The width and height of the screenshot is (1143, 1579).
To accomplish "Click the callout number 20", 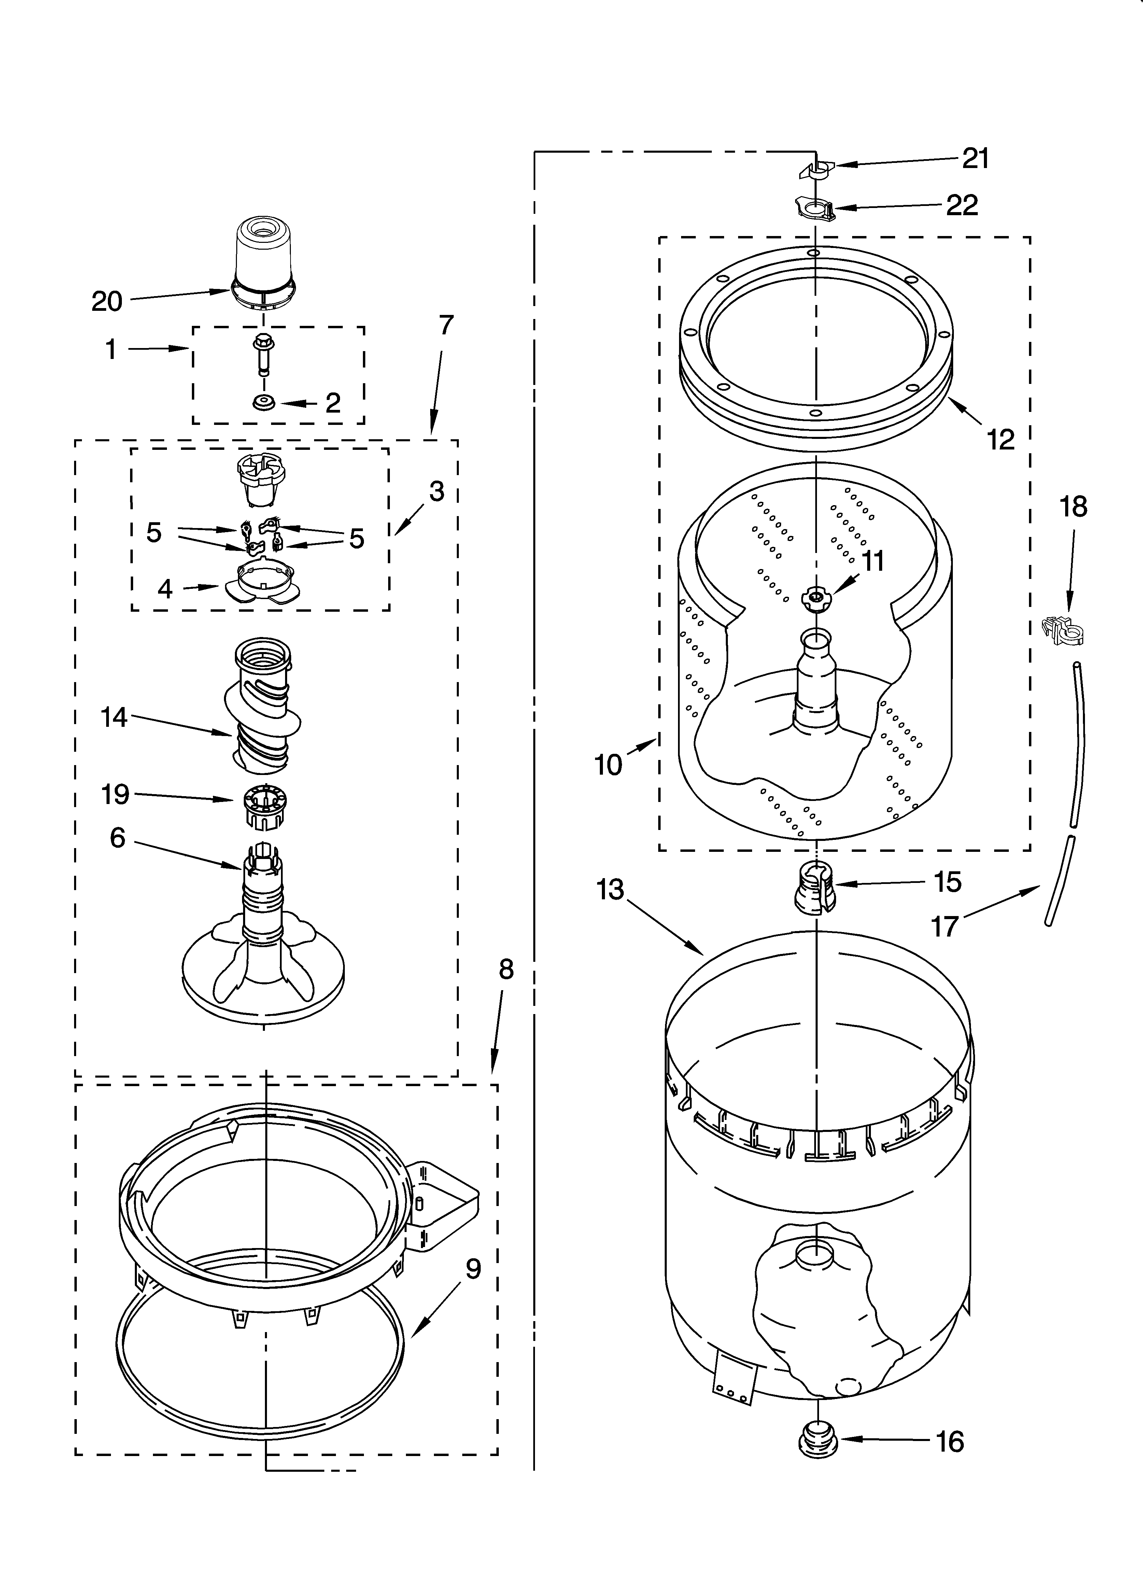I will (107, 302).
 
